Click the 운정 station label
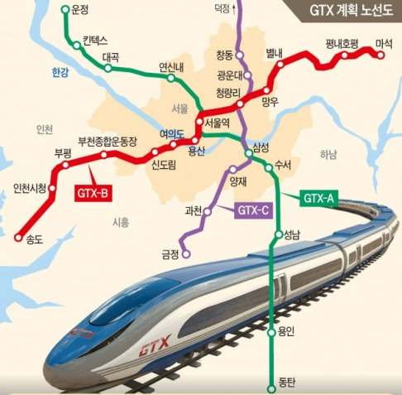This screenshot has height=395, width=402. coord(80,11)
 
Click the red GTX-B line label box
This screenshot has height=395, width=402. coord(93,194)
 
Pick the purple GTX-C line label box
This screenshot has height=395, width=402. coord(253,210)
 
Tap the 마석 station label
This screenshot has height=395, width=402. coord(384,42)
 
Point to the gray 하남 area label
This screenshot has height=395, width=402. coord(328,154)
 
